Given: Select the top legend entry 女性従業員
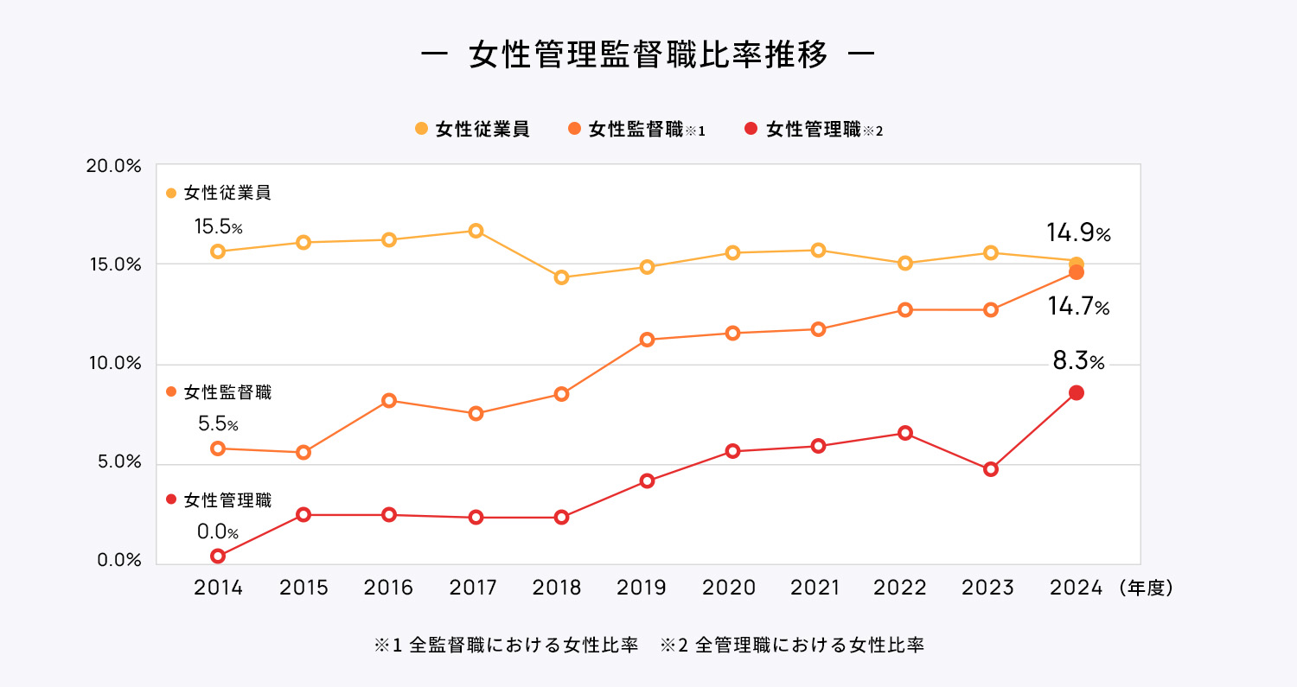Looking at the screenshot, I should coord(472,130).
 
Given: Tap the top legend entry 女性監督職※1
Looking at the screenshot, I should coord(637,130).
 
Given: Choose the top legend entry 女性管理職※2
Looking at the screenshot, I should coord(814,130).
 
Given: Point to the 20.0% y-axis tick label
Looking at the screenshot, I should coord(113,167).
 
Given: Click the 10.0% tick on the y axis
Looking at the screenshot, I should coord(113,364).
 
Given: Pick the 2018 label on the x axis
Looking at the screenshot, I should coord(559,588).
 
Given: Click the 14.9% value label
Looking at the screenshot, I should coord(1077,233).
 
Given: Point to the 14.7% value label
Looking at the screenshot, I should coord(1077,307).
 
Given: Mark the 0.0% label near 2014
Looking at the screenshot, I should coord(217,532).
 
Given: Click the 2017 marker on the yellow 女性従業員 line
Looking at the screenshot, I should coord(476,231).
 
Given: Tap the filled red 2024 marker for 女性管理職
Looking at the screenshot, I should coord(1076,392).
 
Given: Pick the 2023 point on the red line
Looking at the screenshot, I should coord(991,469).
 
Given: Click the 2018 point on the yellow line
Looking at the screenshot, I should coord(561,277).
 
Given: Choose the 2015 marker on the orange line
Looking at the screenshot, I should coord(303,452).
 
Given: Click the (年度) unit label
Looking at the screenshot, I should coord(1144,588).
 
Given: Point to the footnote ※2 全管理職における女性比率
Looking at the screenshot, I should coord(791,646).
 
